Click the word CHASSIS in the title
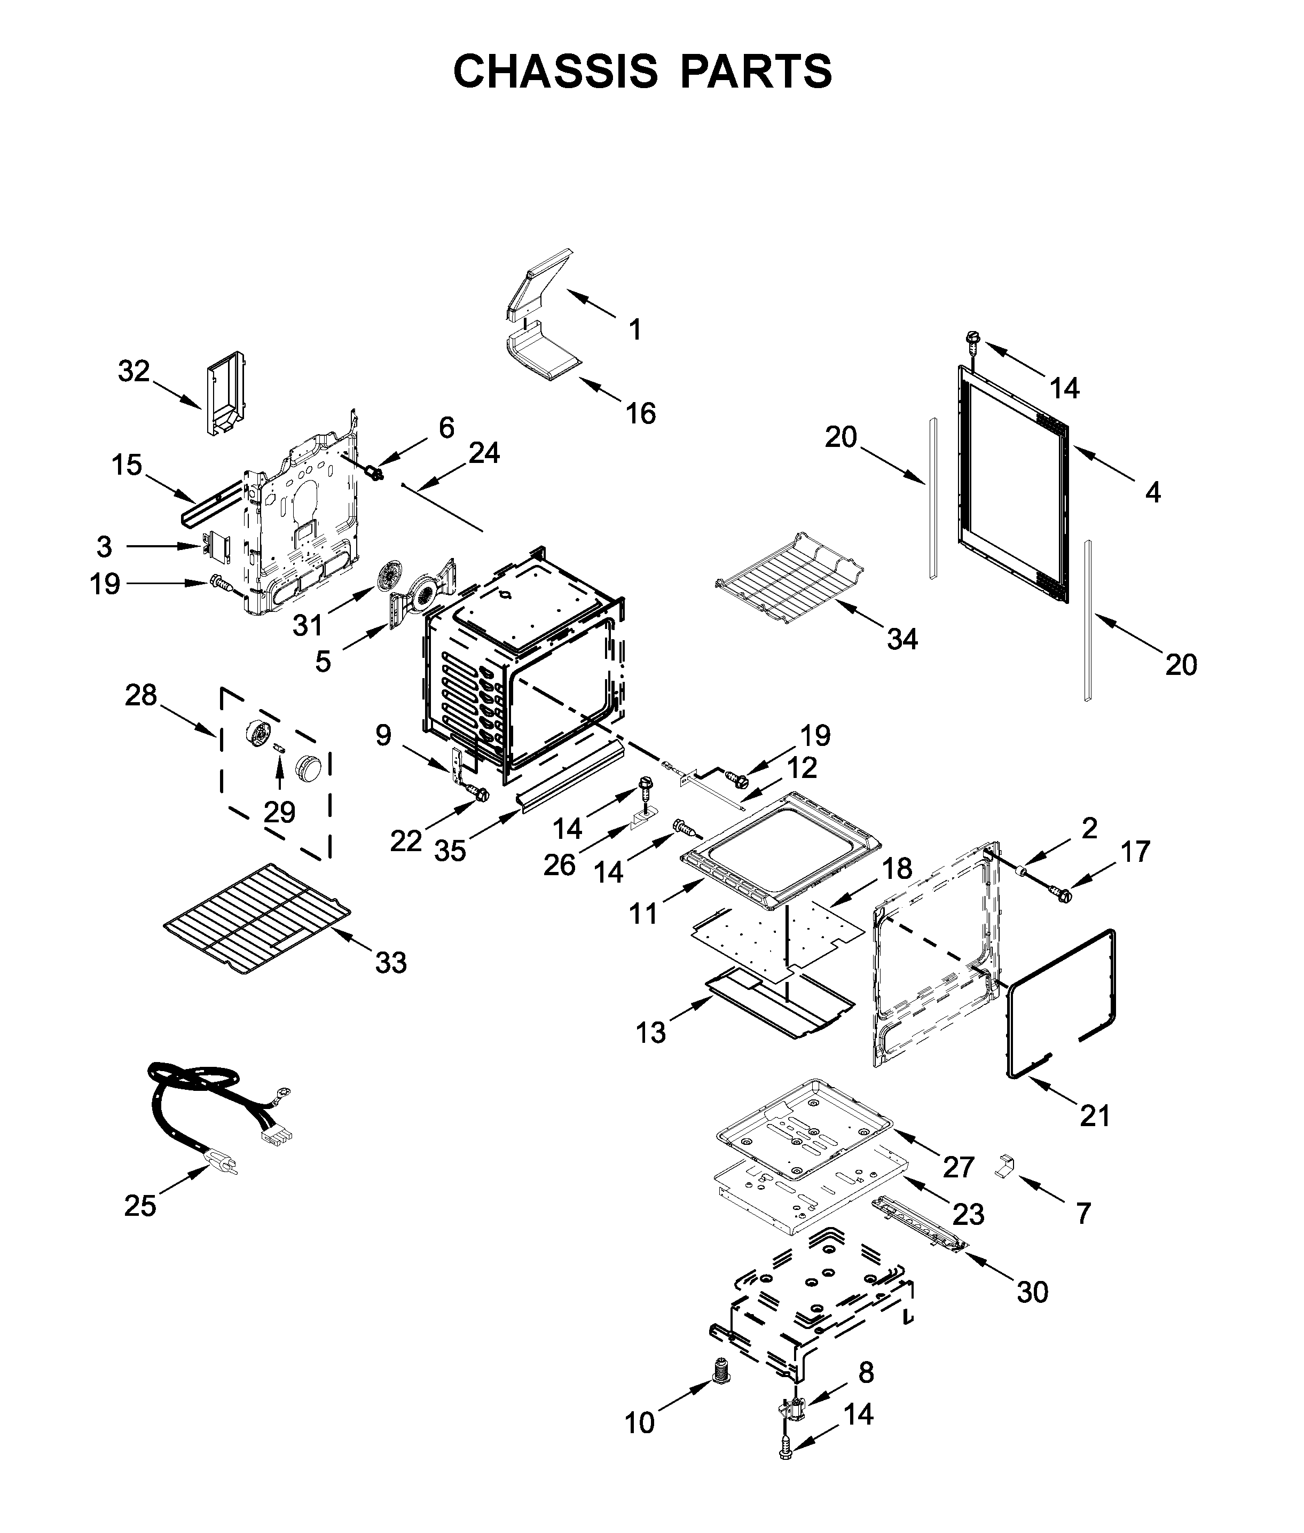(x=555, y=72)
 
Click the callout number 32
(x=134, y=371)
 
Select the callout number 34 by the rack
(x=902, y=639)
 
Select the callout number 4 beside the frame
(x=1153, y=492)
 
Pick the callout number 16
(x=641, y=413)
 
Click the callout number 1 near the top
(x=635, y=329)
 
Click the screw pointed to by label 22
(x=480, y=795)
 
